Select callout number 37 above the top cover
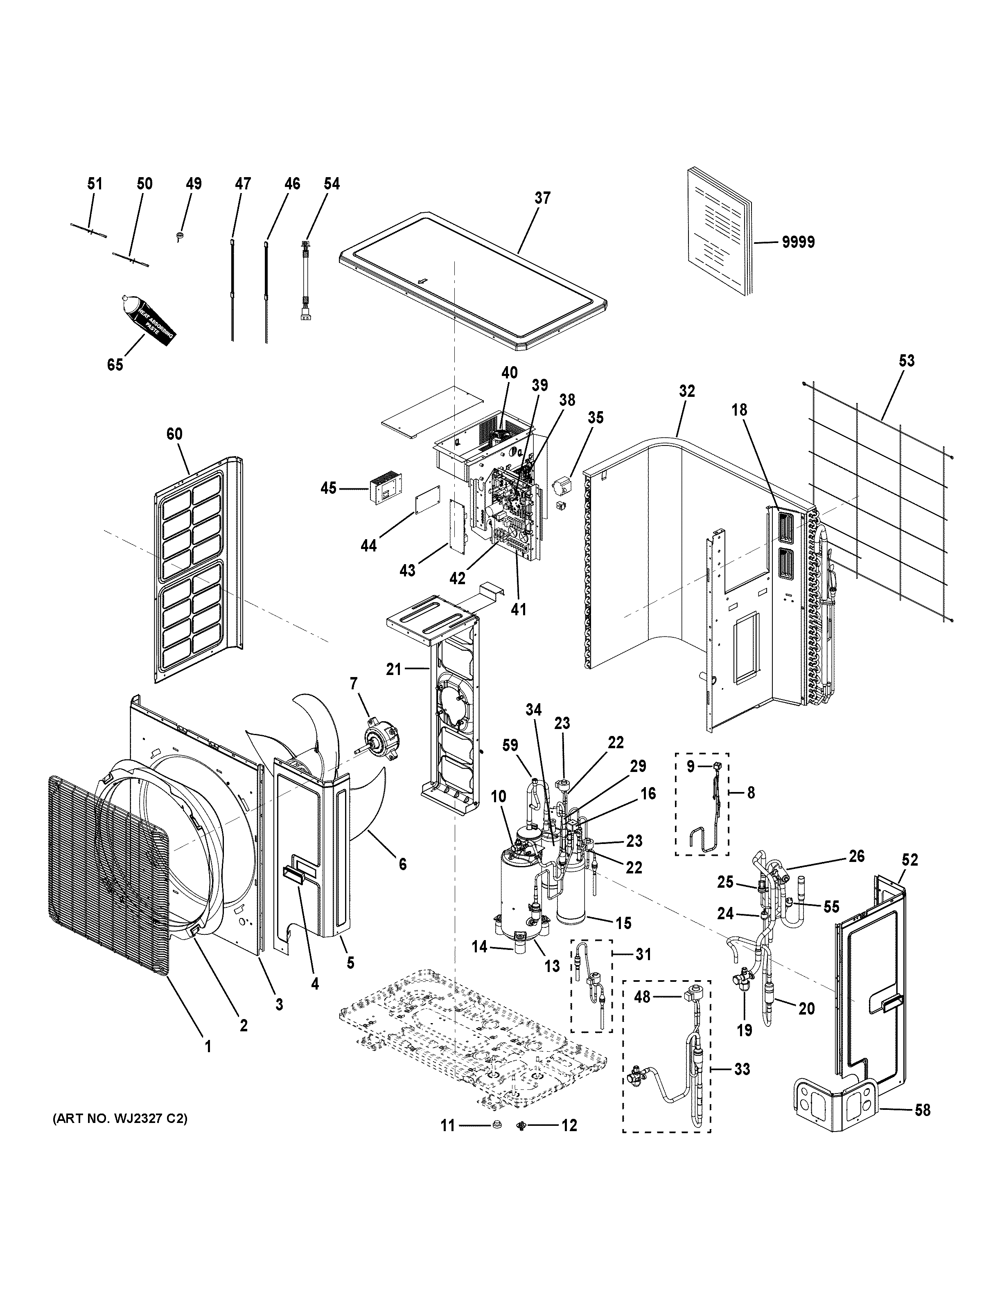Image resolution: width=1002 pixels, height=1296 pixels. (x=542, y=198)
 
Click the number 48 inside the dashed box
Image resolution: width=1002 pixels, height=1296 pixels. (x=642, y=997)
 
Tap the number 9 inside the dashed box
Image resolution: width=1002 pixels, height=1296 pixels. (x=691, y=766)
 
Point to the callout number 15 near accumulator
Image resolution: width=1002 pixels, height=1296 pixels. (x=623, y=923)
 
